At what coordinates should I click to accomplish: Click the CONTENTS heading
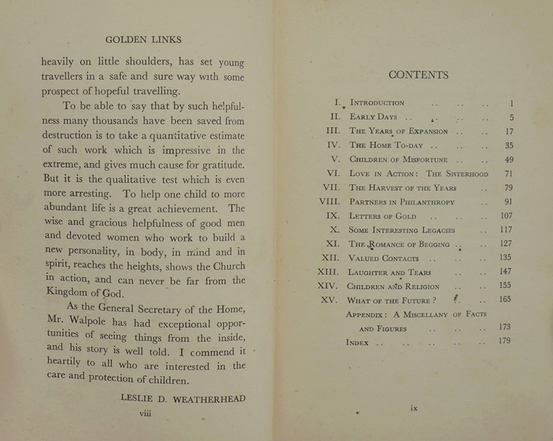click(419, 75)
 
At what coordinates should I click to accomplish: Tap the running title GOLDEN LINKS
click(143, 40)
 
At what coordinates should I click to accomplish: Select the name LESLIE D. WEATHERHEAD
click(183, 398)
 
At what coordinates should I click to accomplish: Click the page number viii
click(145, 413)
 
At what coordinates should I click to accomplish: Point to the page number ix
click(414, 408)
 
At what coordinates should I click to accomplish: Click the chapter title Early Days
click(373, 117)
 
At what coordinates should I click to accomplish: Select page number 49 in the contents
click(509, 160)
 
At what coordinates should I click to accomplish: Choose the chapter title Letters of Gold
click(383, 216)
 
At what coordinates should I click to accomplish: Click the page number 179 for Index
click(504, 341)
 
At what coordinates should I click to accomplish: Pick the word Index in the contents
click(357, 343)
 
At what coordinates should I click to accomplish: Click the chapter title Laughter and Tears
click(389, 273)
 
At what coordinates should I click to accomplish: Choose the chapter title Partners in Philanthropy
click(403, 202)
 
